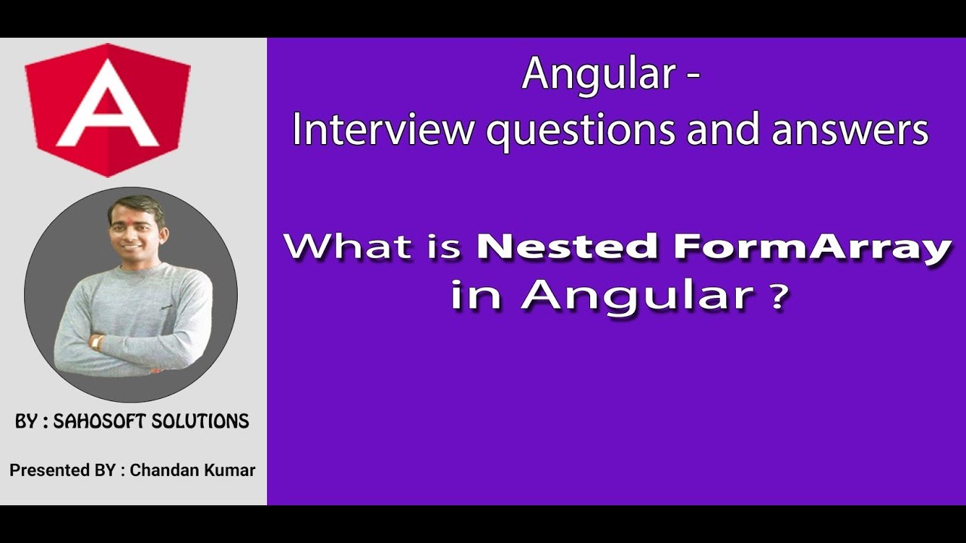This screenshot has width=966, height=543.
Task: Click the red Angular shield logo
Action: (108, 109)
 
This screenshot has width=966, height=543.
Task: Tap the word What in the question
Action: (349, 247)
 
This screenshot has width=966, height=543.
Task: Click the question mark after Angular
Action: (778, 295)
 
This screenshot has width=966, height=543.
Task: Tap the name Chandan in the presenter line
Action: (159, 471)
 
